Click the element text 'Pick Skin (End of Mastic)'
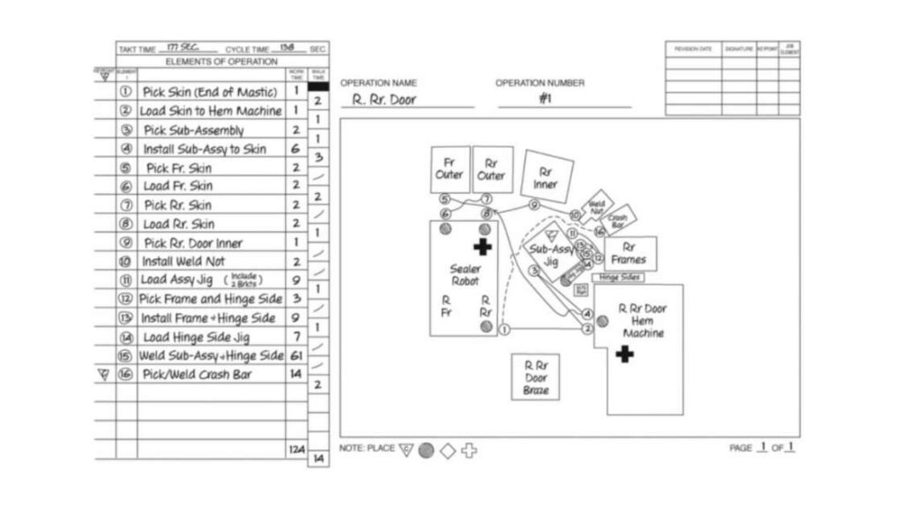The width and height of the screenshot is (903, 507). coord(210,92)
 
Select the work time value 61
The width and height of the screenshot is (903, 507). coord(295,355)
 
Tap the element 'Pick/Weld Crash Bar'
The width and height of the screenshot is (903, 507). coord(198,375)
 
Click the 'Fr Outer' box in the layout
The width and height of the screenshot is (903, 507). coord(449,168)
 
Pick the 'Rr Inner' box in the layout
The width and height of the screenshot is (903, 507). coord(545,177)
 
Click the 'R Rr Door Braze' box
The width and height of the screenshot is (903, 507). coord(535,377)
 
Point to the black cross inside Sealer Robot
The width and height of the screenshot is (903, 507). coord(482,247)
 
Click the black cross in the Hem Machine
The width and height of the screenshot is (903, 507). coord(625,354)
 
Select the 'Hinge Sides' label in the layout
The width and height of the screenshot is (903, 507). coord(617,277)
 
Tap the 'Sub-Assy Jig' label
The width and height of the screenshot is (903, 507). coord(550,256)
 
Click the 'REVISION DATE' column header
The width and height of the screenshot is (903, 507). coord(693,49)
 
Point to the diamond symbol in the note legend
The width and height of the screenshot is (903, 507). coord(447,451)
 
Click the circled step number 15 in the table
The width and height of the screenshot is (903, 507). coord(125,355)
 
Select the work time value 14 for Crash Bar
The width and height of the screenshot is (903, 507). coord(295,375)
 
